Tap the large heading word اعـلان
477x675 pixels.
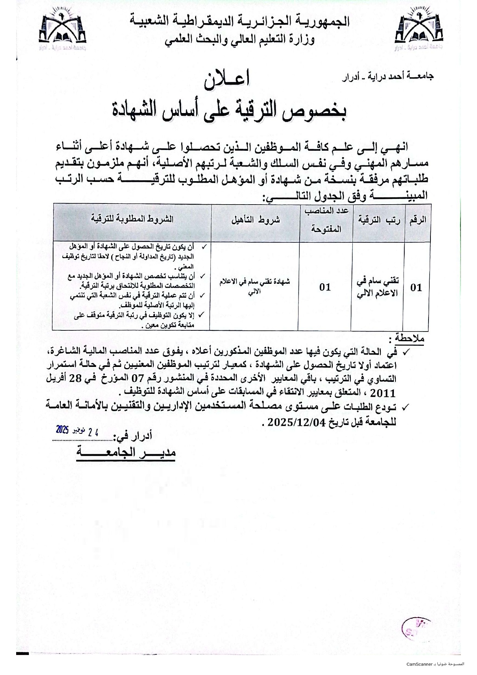(x=227, y=80)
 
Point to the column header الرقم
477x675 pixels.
(x=418, y=220)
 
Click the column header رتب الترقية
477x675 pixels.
(x=379, y=220)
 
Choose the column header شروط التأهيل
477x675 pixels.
(x=255, y=220)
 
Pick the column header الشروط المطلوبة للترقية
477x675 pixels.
(x=132, y=219)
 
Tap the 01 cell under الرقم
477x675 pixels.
(x=416, y=287)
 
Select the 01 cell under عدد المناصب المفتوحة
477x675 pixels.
(x=325, y=287)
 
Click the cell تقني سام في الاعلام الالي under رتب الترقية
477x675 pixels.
(x=378, y=287)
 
